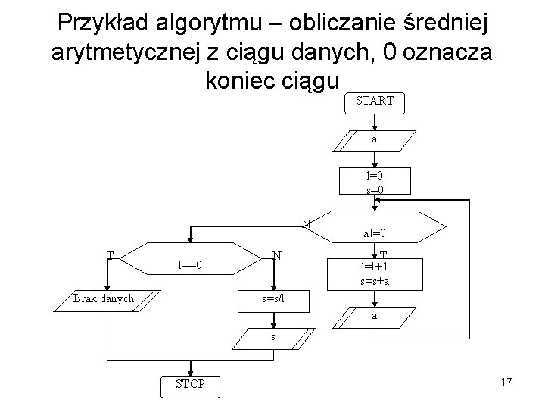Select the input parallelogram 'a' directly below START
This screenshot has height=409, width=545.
click(x=375, y=140)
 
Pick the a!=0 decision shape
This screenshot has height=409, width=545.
click(x=376, y=233)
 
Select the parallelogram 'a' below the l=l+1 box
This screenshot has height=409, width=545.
click(x=375, y=316)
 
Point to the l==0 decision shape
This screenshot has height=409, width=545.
click(x=188, y=265)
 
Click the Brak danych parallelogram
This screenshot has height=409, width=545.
click(x=104, y=298)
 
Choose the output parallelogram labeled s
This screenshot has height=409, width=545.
click(x=273, y=336)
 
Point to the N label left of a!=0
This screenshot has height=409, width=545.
click(x=306, y=223)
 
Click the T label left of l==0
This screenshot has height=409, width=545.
click(x=111, y=254)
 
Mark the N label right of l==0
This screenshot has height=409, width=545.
click(x=279, y=255)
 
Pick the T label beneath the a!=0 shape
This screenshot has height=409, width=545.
click(x=385, y=255)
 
